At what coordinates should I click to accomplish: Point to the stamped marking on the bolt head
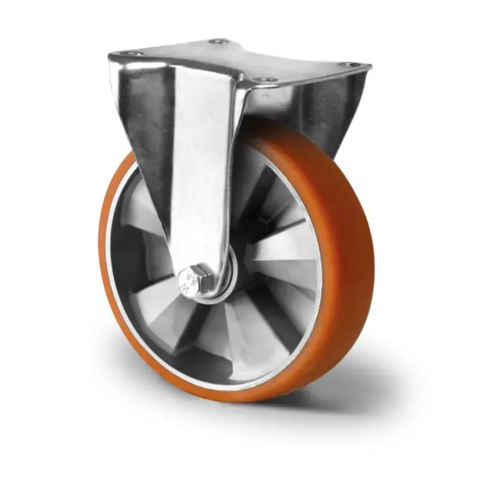[x=194, y=282]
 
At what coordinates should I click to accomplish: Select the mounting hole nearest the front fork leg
[x=265, y=80]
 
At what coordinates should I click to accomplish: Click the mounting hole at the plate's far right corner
[x=351, y=64]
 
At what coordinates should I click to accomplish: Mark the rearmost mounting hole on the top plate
[x=218, y=41]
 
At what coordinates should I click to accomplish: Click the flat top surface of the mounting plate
[x=243, y=61]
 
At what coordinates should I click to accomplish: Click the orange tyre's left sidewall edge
[x=110, y=243]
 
